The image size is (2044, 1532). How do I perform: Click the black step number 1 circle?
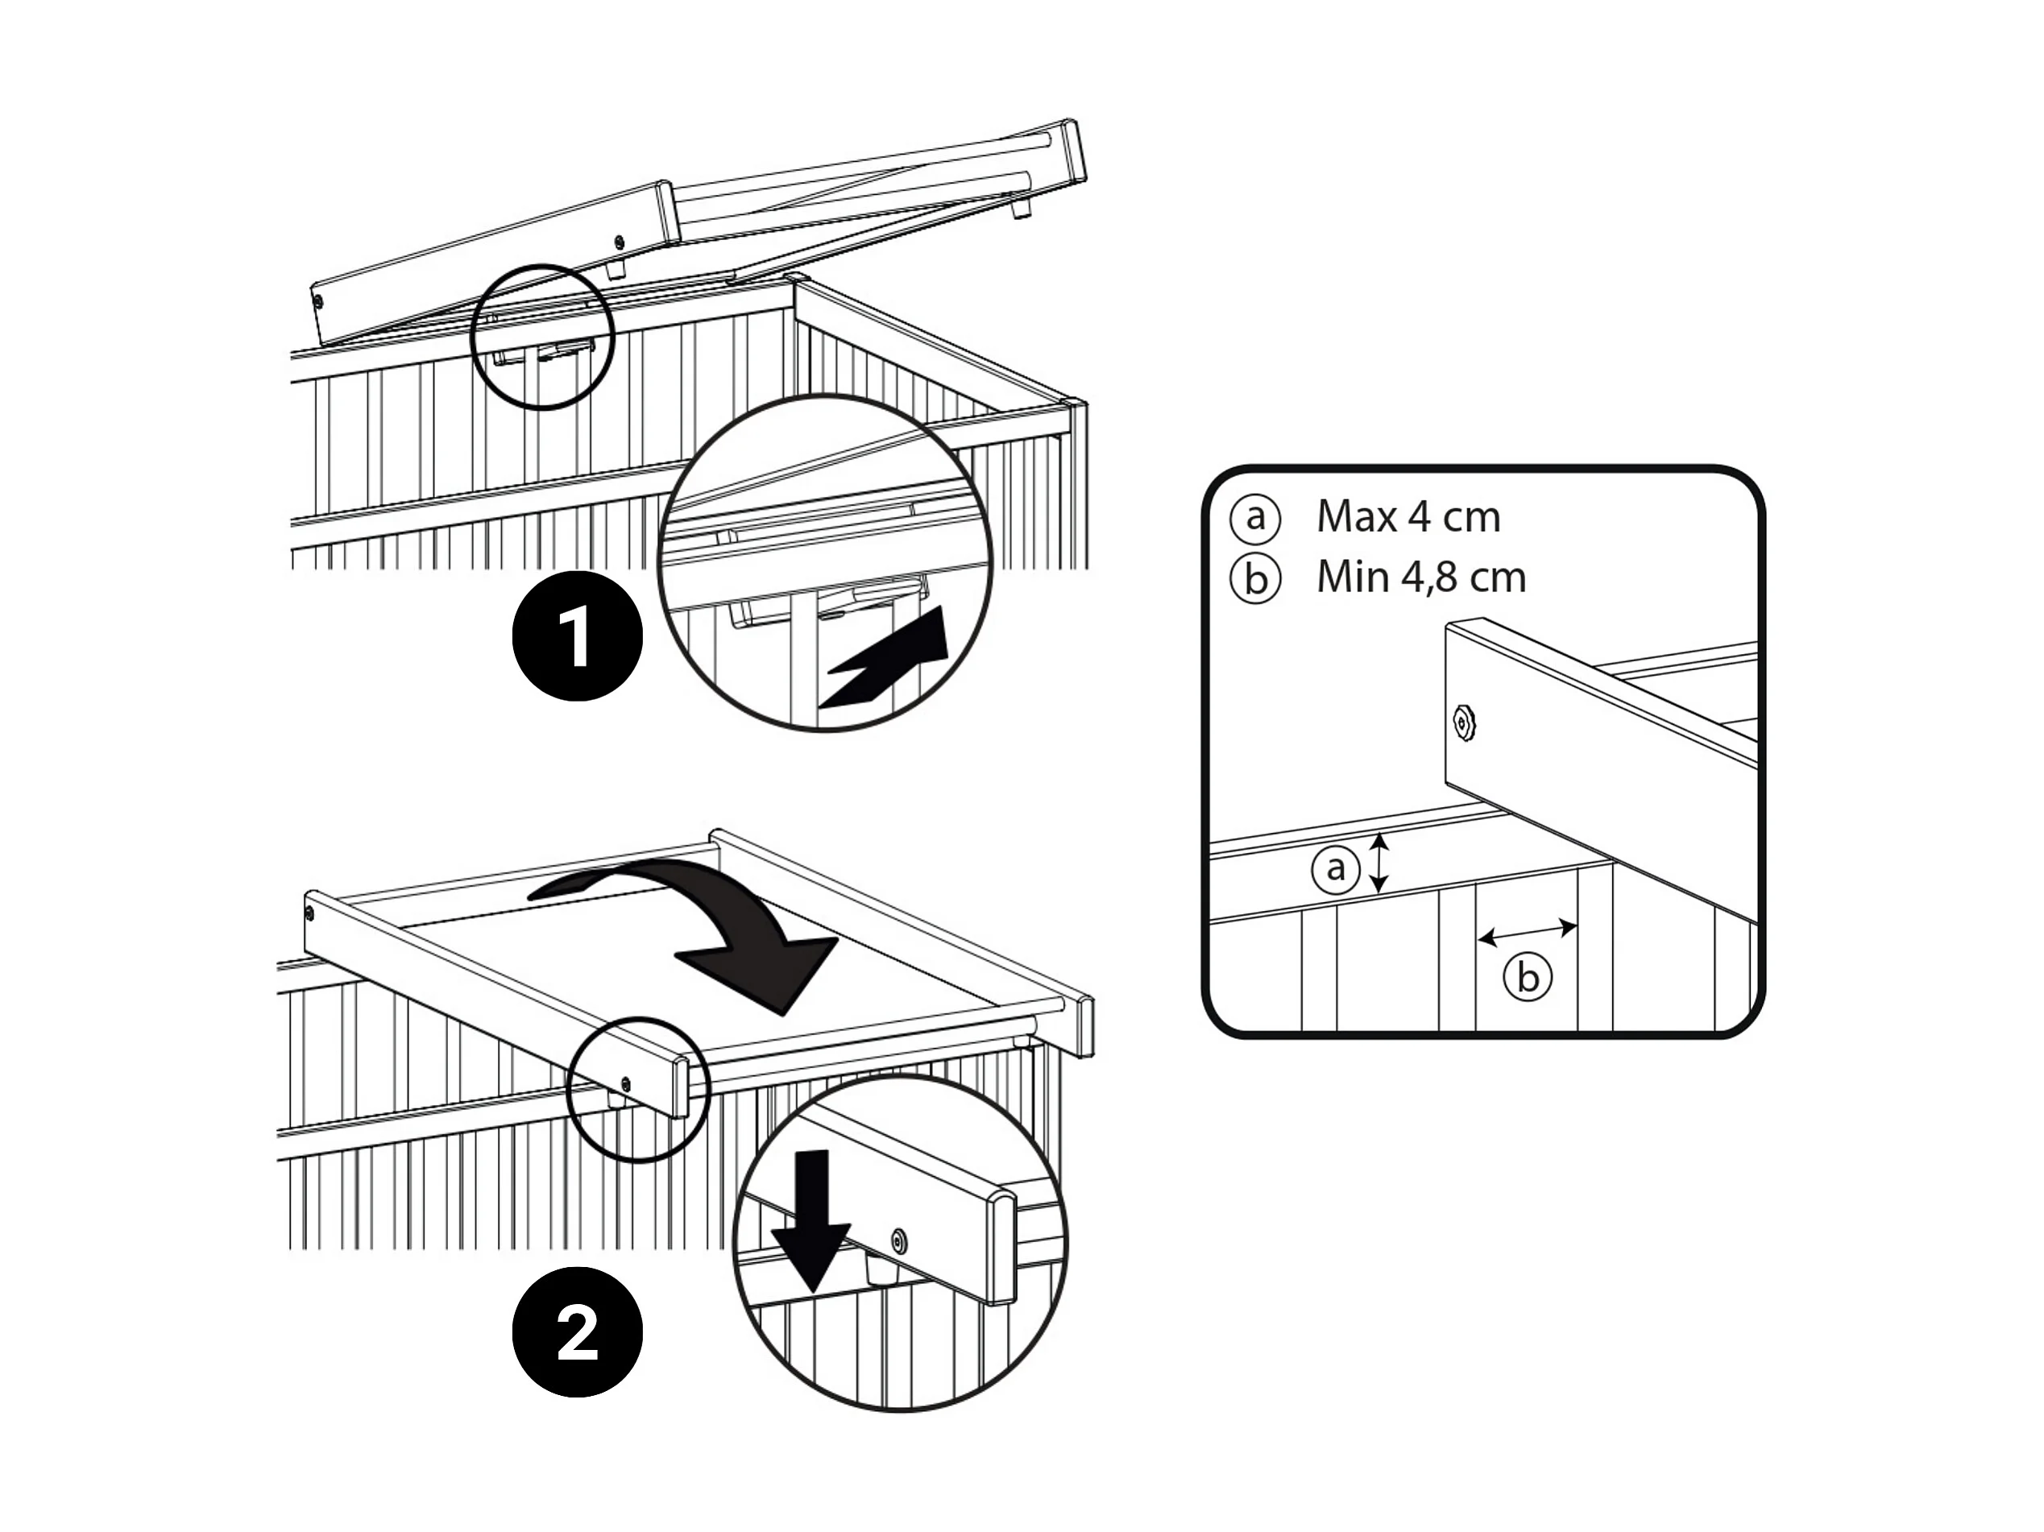577,636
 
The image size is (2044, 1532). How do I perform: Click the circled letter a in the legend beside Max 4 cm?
1255,517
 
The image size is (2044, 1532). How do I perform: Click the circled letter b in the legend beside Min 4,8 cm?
1255,578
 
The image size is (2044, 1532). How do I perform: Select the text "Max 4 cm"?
1408,516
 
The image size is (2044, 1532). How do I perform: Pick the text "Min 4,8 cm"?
1421,578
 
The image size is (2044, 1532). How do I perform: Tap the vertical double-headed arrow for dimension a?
1378,862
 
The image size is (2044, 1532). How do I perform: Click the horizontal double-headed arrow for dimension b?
1528,932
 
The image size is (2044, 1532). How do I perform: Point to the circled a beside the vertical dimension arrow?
1335,869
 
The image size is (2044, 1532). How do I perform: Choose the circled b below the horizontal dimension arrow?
1528,978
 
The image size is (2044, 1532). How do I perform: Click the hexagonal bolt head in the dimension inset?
1464,722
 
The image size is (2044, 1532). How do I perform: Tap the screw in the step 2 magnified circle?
898,1240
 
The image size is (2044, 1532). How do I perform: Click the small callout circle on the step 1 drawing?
542,337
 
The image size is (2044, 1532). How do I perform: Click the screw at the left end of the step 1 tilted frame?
318,302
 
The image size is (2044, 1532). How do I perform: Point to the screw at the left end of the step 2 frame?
309,915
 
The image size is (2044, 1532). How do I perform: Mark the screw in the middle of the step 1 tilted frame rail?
619,243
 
